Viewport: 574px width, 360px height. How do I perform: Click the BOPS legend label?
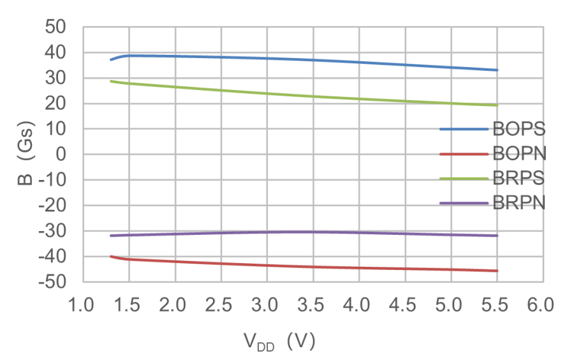tap(519, 129)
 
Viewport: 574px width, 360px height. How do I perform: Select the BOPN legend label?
tap(519, 153)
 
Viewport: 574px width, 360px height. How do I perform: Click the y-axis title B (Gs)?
tap(27, 154)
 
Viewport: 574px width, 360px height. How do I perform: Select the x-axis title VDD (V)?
tap(279, 341)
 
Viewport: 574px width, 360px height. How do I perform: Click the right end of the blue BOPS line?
tap(497, 70)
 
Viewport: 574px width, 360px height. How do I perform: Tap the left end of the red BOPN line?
tap(111, 256)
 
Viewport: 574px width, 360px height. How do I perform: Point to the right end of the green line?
tap(497, 105)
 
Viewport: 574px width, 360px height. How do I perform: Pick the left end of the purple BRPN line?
tap(111, 236)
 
